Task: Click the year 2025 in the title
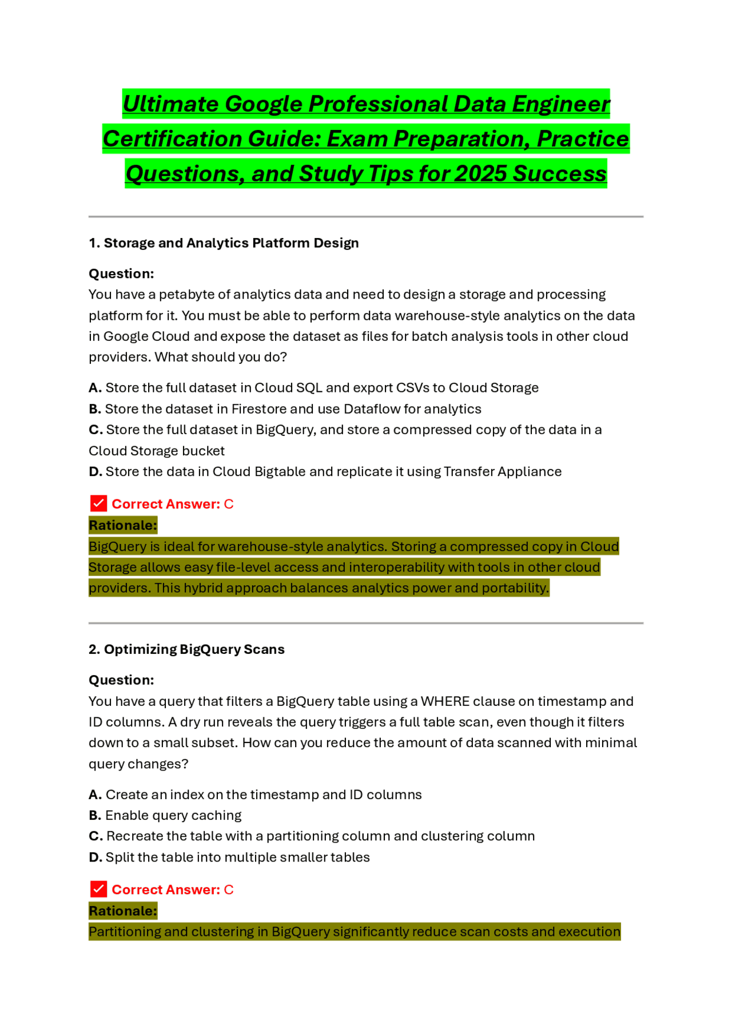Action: click(480, 174)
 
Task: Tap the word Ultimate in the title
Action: click(170, 104)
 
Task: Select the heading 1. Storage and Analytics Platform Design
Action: click(224, 243)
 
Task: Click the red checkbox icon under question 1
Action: click(98, 503)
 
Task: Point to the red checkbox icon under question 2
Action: click(98, 889)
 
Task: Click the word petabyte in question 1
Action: click(186, 295)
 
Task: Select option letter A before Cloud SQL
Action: click(94, 388)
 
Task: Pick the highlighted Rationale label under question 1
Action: click(122, 525)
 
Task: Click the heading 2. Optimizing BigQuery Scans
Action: click(186, 649)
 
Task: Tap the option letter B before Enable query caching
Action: click(94, 815)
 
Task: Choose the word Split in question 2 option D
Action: click(120, 858)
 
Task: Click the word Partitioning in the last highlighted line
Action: click(125, 932)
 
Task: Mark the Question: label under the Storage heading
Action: click(121, 274)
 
